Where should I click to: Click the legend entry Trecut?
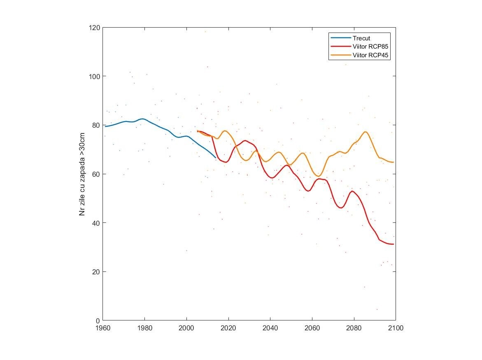tap(361, 38)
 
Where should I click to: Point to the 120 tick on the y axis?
tap(95, 28)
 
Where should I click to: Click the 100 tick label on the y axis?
tap(95, 76)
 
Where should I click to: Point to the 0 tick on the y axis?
tap(98, 320)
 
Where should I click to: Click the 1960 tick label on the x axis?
tap(102, 328)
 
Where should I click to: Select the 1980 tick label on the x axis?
tap(144, 328)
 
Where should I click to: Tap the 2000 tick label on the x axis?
tap(186, 328)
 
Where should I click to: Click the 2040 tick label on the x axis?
tap(270, 328)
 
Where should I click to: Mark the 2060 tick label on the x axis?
tap(312, 328)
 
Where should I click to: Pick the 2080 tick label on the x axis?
tap(354, 328)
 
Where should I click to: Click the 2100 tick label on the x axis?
tap(396, 328)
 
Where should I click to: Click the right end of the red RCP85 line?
tap(394, 244)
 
